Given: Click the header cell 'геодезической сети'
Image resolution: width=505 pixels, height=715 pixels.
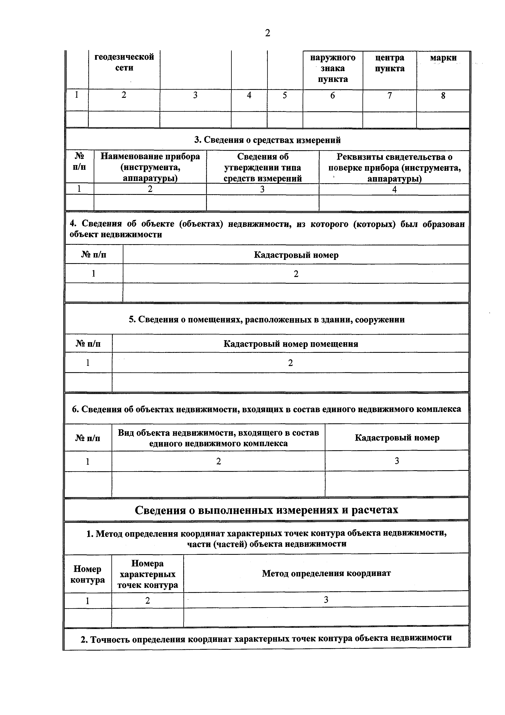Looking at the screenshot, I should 124,62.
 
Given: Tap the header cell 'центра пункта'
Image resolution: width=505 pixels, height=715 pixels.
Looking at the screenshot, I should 390,63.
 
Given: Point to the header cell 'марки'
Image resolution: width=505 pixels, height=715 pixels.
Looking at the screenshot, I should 443,58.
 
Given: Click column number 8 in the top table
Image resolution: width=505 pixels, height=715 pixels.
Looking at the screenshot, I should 443,96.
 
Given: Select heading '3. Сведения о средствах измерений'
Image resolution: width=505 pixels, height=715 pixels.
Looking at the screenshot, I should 267,140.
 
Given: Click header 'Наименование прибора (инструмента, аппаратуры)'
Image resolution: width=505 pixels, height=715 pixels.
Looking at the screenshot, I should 150,167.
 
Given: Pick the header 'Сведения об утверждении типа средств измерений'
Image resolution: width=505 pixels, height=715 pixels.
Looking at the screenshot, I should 263,167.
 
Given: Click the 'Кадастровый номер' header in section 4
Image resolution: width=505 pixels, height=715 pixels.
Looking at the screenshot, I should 296,255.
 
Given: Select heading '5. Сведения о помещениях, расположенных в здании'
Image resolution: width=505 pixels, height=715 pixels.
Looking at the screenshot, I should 267,320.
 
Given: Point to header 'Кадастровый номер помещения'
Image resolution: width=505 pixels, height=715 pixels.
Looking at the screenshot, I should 291,344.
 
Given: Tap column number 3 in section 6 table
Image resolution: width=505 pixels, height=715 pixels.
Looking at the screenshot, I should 397,461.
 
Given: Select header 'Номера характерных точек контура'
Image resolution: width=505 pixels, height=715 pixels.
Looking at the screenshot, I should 147,574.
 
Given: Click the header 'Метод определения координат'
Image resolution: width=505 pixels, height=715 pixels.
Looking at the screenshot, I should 326,573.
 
